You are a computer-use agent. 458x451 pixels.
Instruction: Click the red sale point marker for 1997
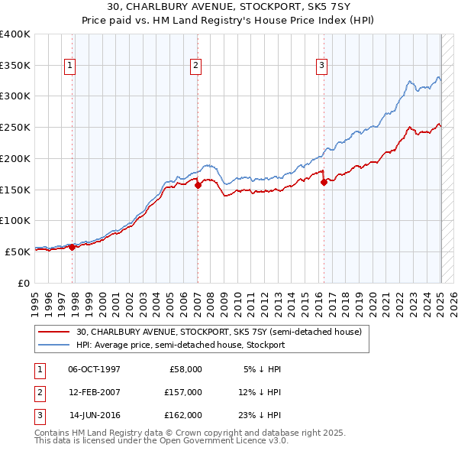pyautogui.click(x=73, y=247)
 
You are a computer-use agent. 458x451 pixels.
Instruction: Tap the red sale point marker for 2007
pyautogui.click(x=198, y=184)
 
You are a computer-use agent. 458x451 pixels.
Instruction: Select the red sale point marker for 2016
pyautogui.click(x=324, y=182)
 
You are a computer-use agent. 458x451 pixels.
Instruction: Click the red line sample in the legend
pyautogui.click(x=55, y=332)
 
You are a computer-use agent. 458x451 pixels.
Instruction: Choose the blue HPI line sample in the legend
pyautogui.click(x=55, y=346)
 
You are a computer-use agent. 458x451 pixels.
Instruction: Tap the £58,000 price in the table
pyautogui.click(x=184, y=368)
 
